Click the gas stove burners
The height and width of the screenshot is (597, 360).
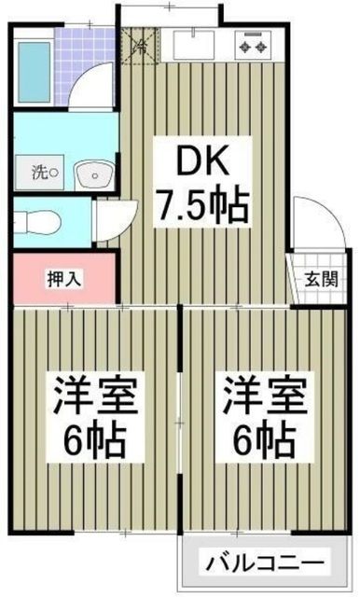pos(254,43)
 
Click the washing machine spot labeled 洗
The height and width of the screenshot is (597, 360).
pos(42,173)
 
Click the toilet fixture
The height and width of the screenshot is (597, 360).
pos(40,222)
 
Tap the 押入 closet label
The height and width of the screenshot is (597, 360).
pos(62,277)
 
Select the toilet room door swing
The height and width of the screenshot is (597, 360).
pos(110,219)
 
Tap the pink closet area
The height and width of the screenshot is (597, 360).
pos(62,277)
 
